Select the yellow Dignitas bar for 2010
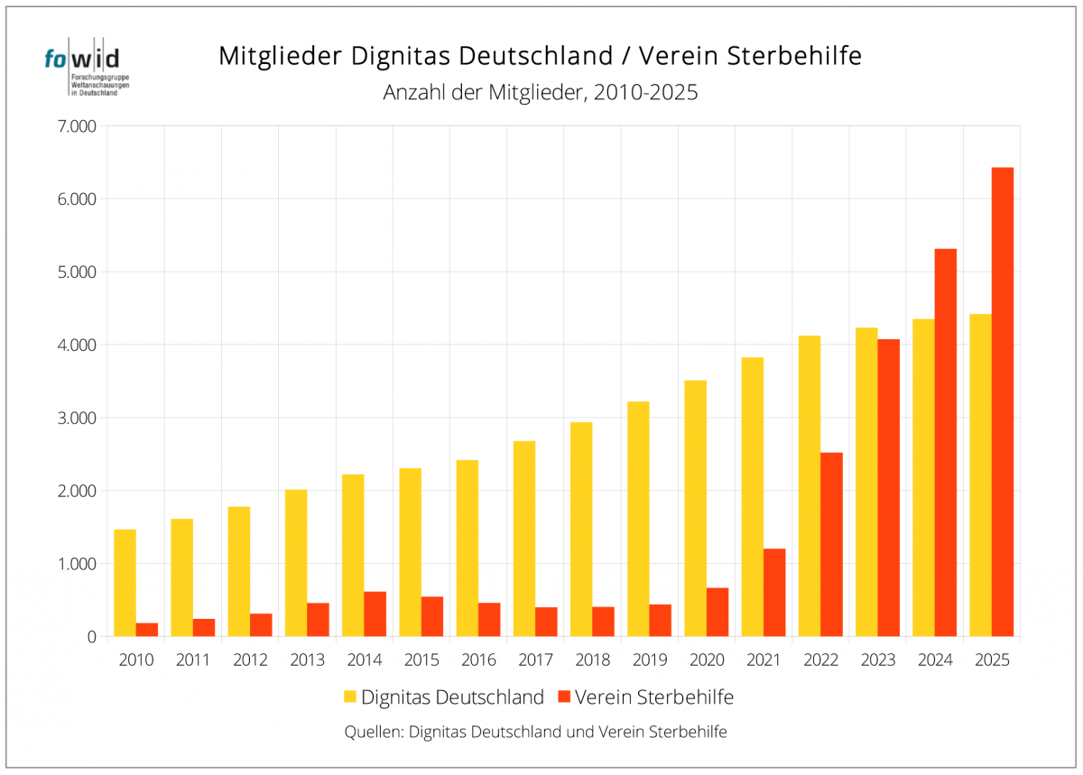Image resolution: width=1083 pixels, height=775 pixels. click(125, 583)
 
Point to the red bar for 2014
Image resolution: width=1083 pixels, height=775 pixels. click(375, 614)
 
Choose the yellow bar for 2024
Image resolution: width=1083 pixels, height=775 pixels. click(923, 477)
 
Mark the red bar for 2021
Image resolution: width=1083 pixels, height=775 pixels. click(774, 592)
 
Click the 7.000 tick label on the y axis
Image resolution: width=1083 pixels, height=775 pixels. click(76, 126)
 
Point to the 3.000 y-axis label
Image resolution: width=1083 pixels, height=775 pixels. click(76, 418)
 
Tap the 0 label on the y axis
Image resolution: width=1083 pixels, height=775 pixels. click(91, 637)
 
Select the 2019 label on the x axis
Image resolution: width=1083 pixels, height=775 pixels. click(649, 660)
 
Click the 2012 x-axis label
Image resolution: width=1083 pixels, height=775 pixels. click(250, 660)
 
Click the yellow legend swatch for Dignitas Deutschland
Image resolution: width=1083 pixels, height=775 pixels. click(350, 697)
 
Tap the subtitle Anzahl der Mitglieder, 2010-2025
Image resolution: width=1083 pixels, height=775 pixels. click(541, 93)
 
